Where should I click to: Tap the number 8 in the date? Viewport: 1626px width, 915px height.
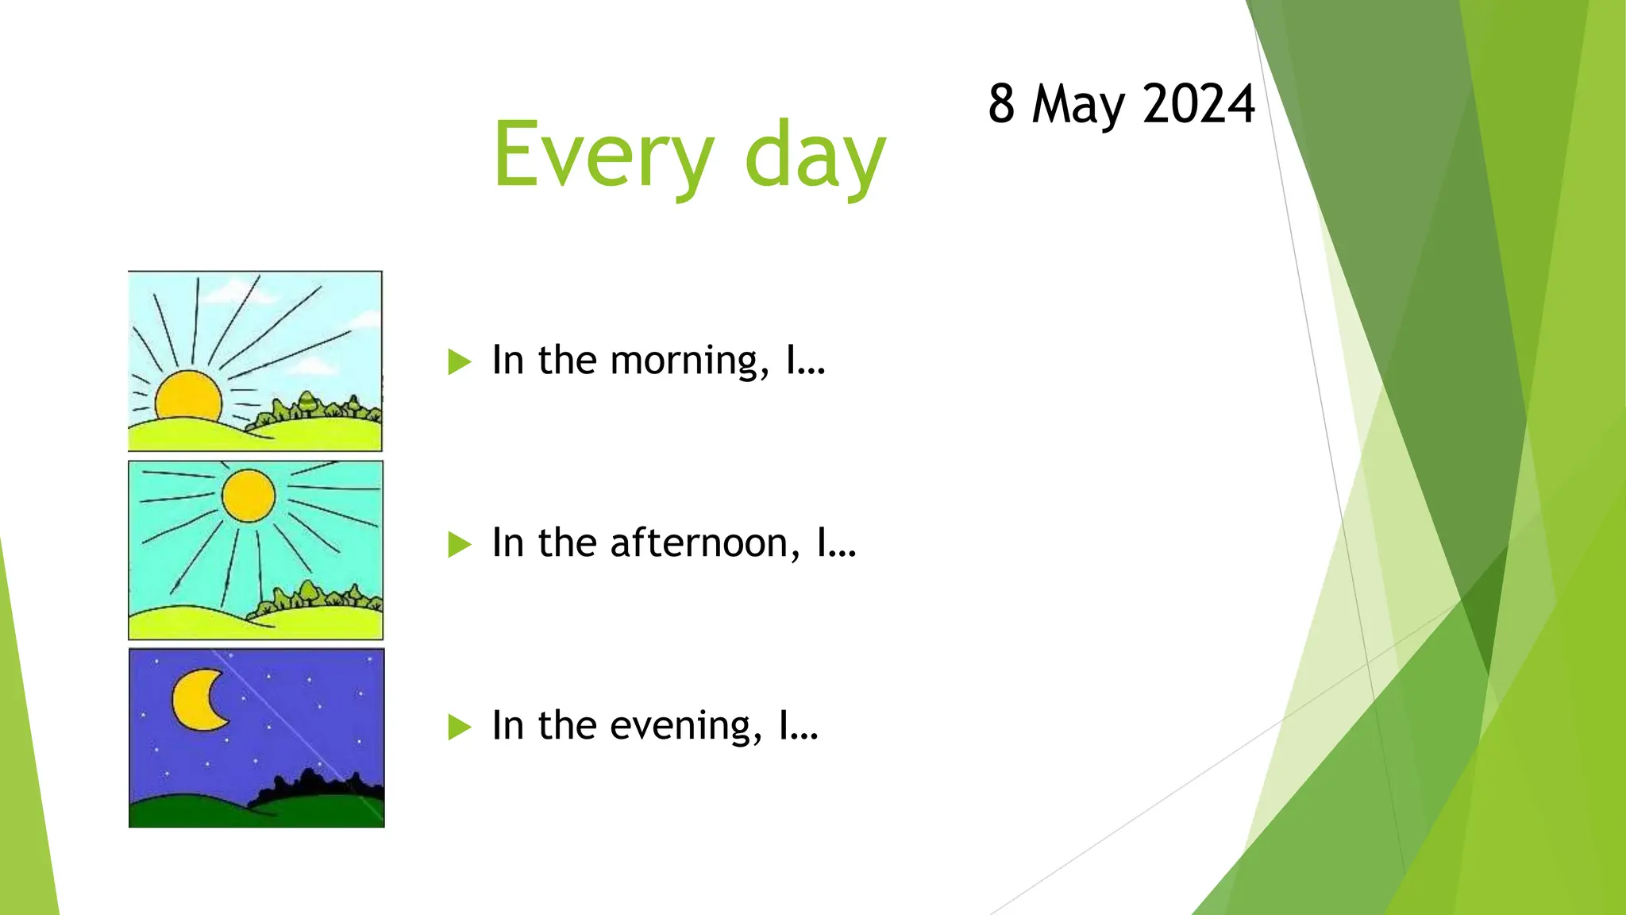click(1001, 104)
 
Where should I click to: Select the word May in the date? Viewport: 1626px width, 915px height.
click(1078, 106)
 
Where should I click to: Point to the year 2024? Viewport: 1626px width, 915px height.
click(1199, 104)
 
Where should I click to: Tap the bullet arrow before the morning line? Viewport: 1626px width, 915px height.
click(459, 362)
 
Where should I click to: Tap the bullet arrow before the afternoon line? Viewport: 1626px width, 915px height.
click(459, 545)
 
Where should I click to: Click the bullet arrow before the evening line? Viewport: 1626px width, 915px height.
click(459, 727)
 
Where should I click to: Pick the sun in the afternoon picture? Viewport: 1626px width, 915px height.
click(249, 496)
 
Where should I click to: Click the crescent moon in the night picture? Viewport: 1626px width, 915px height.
click(197, 700)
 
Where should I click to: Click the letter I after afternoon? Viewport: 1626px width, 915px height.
click(823, 543)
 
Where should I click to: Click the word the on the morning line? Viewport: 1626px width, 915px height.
click(567, 361)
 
